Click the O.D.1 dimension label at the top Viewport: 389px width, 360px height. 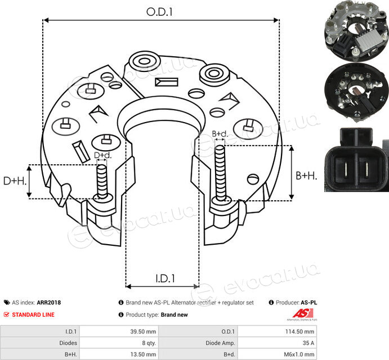pyautogui.click(x=159, y=12)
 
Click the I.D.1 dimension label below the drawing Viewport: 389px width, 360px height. pyautogui.click(x=165, y=278)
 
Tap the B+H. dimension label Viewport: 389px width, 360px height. pyautogui.click(x=306, y=176)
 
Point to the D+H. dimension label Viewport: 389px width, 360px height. pyautogui.click(x=15, y=181)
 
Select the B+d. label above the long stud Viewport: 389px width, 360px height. pyautogui.click(x=220, y=134)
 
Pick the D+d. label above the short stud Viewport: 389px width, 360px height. pyautogui.click(x=102, y=155)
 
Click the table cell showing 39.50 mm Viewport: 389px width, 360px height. pyautogui.click(x=119, y=331)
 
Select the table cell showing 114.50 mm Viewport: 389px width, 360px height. pyautogui.click(x=277, y=331)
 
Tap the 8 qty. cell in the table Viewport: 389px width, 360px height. pyautogui.click(x=119, y=343)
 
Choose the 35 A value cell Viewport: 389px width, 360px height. pyautogui.click(x=277, y=343)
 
